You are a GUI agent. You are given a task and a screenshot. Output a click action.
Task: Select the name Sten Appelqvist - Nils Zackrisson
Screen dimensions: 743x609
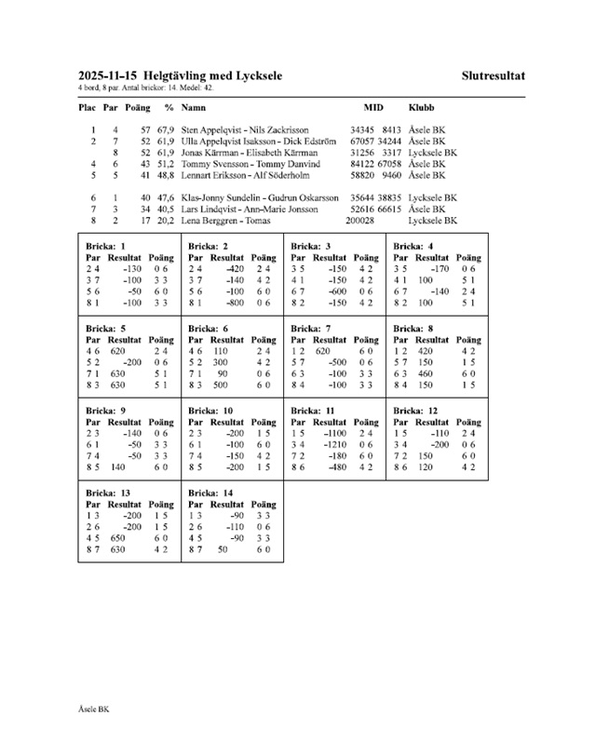coord(245,130)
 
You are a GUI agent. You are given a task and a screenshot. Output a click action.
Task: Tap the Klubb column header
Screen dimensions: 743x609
coord(421,108)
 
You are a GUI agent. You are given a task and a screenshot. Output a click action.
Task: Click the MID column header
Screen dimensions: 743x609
coord(372,108)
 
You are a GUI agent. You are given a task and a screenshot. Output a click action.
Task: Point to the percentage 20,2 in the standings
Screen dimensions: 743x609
coord(168,221)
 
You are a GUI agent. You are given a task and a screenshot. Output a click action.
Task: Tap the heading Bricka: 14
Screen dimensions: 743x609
coord(210,492)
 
